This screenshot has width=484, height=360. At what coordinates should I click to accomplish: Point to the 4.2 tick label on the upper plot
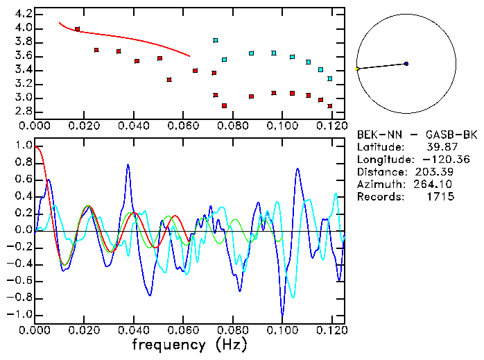tap(23, 14)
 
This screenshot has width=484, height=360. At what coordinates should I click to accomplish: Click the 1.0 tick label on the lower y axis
tap(23, 146)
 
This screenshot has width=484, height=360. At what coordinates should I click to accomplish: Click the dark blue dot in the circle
tap(406, 64)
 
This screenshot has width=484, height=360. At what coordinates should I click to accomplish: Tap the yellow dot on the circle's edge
tap(357, 69)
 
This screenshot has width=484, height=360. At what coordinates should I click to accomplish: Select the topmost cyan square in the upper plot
tap(216, 41)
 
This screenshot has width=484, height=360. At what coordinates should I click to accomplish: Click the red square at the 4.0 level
tap(77, 29)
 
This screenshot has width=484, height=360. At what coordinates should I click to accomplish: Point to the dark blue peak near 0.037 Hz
tap(128, 165)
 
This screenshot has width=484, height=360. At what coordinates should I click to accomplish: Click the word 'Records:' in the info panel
tap(379, 197)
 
